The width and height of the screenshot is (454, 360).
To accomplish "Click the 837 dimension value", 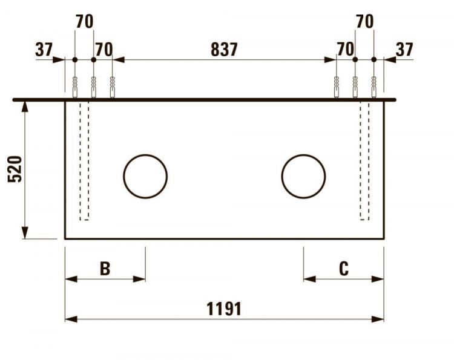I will [x=224, y=50].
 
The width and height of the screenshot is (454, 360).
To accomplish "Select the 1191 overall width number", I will [x=224, y=309].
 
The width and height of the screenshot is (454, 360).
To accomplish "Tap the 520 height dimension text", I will [x=15, y=169].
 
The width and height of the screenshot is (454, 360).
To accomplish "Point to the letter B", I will [x=105, y=269].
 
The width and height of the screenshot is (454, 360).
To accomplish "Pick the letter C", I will [x=344, y=269].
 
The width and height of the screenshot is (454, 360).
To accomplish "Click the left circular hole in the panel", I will [x=145, y=176].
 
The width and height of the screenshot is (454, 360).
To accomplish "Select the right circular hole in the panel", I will [x=303, y=176].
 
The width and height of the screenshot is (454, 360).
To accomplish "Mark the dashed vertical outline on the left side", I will [x=84, y=160].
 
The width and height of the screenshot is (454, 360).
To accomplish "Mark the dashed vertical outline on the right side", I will [x=364, y=160].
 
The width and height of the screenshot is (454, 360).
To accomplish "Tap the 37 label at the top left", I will [x=44, y=50].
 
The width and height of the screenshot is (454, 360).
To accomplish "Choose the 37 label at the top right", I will [x=404, y=50].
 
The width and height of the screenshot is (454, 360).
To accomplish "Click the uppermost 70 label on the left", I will [x=84, y=22].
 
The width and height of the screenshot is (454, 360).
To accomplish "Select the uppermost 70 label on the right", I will [x=364, y=22].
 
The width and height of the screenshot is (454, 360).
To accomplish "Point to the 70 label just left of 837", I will [x=104, y=50].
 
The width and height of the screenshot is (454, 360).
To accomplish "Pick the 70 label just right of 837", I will [x=345, y=50].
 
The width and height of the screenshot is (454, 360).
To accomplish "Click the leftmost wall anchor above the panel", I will [x=74, y=88].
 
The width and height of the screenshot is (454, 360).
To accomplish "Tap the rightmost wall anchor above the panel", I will [x=374, y=88].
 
